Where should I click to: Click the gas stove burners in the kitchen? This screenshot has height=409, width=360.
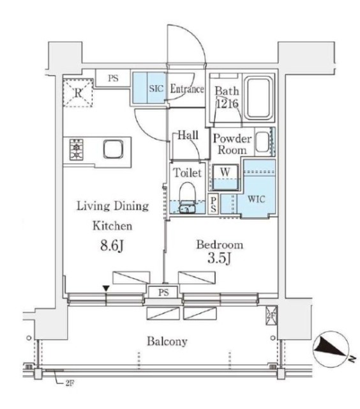coord(76,150)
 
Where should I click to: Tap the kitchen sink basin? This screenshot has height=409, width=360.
coord(114,149)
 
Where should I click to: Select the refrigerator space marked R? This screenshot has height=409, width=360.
coord(78,93)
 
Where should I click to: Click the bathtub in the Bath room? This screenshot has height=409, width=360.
coord(258,98)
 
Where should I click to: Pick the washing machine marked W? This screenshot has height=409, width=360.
coord(225,177)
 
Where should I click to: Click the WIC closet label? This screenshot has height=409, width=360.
coord(257,199)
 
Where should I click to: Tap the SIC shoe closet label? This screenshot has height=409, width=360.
coord(156,89)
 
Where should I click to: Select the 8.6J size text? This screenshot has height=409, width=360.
coord(112,245)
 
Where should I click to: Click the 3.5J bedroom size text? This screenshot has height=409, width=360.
coord(219,258)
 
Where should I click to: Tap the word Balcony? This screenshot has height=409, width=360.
coord(167,342)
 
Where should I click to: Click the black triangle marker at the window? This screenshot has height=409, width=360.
coord(106,288)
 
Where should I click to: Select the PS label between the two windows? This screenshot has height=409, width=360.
coord(163,293)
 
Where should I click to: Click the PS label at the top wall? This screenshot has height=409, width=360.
coord(113,78)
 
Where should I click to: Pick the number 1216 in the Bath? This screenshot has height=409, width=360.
coord(227,104)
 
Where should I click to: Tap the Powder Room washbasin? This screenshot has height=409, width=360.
coord(262,142)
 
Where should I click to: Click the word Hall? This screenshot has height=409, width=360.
coord(188,135)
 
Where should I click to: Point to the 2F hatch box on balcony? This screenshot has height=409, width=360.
coord(271,316)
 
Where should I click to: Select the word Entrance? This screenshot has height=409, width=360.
coord(187,89)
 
